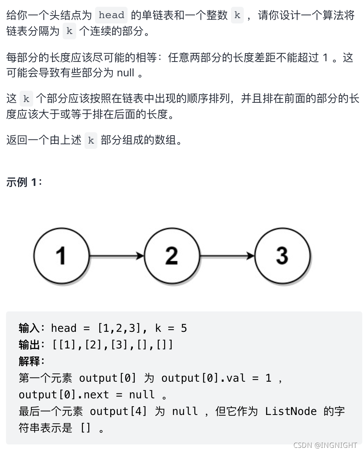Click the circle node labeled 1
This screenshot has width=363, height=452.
click(61, 256)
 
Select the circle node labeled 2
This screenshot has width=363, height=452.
click(172, 256)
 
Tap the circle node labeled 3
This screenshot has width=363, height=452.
click(282, 256)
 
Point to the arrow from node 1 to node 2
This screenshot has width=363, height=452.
click(117, 256)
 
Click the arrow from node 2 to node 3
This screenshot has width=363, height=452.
click(227, 256)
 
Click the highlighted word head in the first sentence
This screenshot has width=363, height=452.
click(111, 15)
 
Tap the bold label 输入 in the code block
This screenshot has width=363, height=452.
click(29, 328)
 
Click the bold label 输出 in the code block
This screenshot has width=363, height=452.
click(29, 345)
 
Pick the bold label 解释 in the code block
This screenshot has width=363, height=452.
click(29, 361)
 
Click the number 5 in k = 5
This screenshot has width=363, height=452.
click(184, 328)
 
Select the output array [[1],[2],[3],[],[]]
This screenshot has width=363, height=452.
click(112, 345)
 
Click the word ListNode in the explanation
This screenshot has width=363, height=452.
click(291, 411)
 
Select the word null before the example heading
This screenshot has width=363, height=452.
click(125, 73)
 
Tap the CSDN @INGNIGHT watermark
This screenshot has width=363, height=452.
click(325, 445)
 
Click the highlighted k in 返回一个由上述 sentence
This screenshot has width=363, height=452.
click(91, 141)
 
